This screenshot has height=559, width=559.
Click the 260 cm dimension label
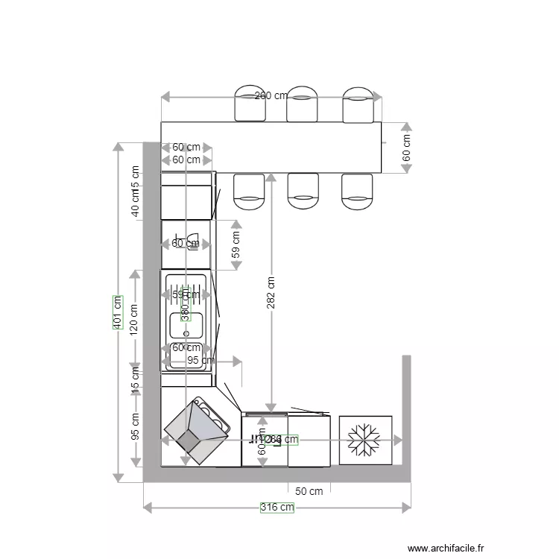(x=271, y=96)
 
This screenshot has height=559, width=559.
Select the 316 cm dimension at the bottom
(x=277, y=508)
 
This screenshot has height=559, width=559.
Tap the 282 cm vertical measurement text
(x=271, y=292)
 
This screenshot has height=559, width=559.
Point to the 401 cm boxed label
(x=117, y=313)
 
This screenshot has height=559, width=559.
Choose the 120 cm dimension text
(x=134, y=319)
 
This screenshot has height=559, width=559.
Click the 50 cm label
(x=309, y=491)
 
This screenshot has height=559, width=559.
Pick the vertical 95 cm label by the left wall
(x=135, y=426)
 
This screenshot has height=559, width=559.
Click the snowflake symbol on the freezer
(x=365, y=440)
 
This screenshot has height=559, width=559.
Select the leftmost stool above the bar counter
(x=250, y=104)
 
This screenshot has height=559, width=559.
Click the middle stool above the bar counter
(x=303, y=104)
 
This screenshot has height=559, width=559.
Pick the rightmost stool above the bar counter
(x=358, y=104)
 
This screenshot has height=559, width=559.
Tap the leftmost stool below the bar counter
(x=250, y=191)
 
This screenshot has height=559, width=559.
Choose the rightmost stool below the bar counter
(x=357, y=191)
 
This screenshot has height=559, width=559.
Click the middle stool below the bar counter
(x=303, y=191)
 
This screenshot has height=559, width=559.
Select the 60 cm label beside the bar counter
(x=406, y=148)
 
